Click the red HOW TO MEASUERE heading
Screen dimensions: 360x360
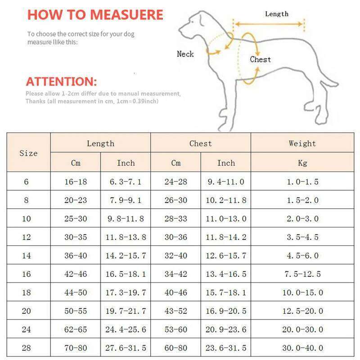coord(95,14)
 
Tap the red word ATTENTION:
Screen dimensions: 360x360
coord(61,82)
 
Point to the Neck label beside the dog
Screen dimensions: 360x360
coord(185,54)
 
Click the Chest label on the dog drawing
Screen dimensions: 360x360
coord(261,59)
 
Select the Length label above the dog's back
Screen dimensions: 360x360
coord(276,14)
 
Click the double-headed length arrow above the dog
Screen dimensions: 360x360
coord(269,24)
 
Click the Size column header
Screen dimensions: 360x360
coord(28,153)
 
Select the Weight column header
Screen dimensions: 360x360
coord(302,144)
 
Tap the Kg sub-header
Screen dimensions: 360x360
coord(302,163)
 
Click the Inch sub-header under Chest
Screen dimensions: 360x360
coord(226,163)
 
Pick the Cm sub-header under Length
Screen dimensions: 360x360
coord(76,163)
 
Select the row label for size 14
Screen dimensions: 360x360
coord(26,256)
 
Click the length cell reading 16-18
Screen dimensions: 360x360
coord(76,182)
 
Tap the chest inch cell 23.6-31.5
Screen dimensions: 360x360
coord(226,348)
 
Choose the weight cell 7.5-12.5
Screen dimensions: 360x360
coord(302,274)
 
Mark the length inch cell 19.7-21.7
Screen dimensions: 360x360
coord(126,311)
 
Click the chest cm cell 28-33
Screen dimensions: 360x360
coord(176,219)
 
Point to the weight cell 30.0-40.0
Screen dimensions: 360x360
coord(302,348)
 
